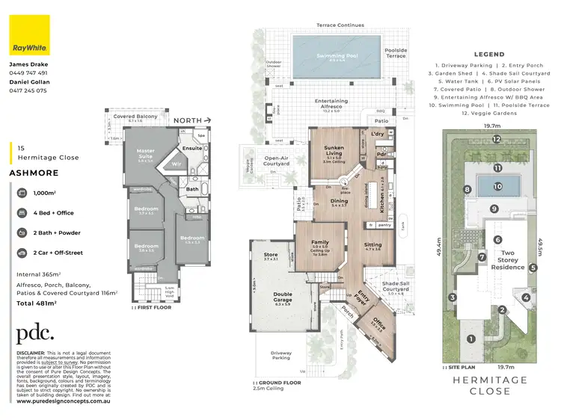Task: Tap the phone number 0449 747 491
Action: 29,73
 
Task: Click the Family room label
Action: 319,244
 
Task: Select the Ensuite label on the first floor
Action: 191,148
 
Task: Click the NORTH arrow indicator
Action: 194,120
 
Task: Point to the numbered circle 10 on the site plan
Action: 497,185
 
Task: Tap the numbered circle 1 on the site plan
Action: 470,339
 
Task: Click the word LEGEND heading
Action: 490,55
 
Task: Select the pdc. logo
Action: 35,333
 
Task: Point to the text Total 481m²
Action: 37,303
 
